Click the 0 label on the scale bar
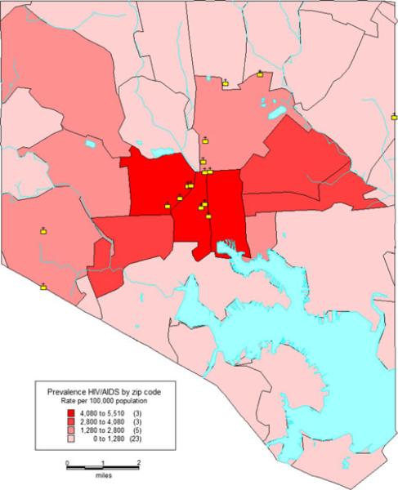point(68,463)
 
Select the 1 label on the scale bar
point(104,463)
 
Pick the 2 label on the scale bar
point(140,463)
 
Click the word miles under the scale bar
point(104,474)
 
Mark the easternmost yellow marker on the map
point(261,73)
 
